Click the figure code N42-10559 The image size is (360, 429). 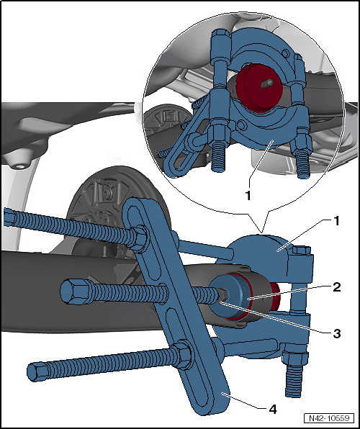coord(329,418)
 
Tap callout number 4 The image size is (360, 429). coord(273,410)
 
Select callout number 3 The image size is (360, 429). coord(337,333)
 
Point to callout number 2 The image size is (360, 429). coord(337,287)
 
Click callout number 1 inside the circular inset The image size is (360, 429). coord(248,195)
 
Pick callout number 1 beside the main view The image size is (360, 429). coord(336,221)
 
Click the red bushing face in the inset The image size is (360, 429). coord(258,88)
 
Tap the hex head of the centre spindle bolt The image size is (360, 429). coord(73,291)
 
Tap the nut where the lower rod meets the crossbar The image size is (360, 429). coord(181,353)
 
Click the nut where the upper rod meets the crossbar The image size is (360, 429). coord(140,238)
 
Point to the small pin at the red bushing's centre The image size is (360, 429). coord(267,83)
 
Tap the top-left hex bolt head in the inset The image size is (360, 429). coord(220,35)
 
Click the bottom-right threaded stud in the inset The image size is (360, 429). coord(304,166)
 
